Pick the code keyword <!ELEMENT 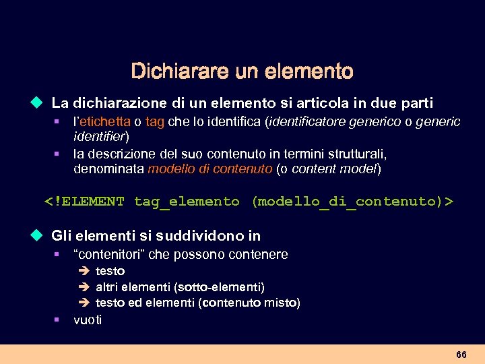[x=84, y=202]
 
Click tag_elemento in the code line [x=187, y=202]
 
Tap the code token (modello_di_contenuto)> [x=352, y=202]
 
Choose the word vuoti [x=88, y=320]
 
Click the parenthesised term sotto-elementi [x=228, y=287]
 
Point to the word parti [x=416, y=104]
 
